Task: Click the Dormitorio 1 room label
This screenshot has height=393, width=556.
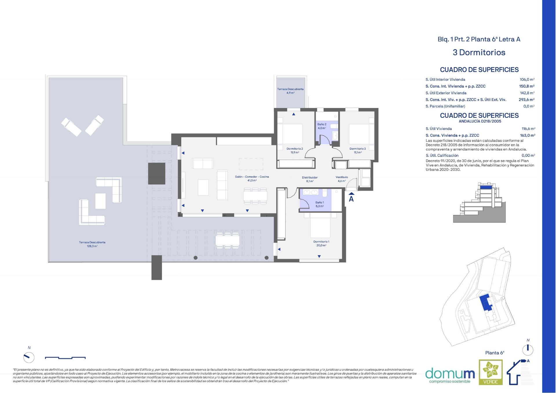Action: click(321, 242)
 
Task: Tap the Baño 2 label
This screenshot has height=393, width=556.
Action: click(322, 124)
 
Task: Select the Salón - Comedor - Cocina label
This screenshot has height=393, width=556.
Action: click(252, 177)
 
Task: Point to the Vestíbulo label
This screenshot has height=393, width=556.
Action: click(342, 177)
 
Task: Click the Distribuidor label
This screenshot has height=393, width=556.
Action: click(310, 177)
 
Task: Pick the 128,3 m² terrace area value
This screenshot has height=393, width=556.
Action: click(92, 246)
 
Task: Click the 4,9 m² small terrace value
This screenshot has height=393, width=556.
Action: click(290, 93)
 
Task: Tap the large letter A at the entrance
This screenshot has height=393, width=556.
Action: click(351, 199)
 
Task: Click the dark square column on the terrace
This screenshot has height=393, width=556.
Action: click(157, 174)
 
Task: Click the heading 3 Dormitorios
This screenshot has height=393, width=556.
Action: click(479, 52)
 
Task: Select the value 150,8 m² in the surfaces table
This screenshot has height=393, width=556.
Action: click(527, 86)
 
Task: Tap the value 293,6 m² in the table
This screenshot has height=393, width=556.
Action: click(527, 100)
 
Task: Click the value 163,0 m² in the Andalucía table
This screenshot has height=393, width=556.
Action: click(528, 135)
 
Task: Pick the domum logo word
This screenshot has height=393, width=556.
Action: click(450, 373)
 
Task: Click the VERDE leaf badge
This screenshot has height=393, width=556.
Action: click(491, 372)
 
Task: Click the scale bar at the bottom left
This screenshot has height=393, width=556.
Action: click(65, 358)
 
